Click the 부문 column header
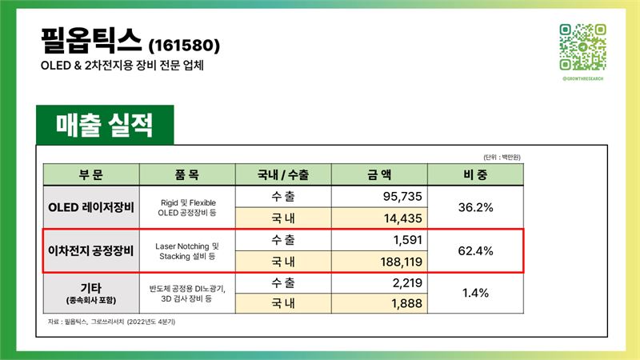point(91,174)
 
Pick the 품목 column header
point(187,174)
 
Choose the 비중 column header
point(475,174)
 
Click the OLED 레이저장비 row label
point(91,207)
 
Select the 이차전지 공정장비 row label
point(91,250)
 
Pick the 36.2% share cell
point(475,207)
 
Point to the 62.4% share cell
point(475,250)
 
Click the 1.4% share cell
point(475,293)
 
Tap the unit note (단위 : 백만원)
point(502,157)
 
